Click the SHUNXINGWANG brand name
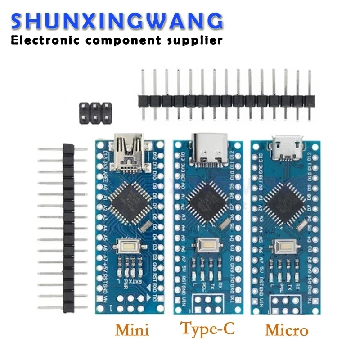[x=116, y=22]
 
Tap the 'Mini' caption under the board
[x=132, y=330]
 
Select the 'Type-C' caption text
[x=207, y=329]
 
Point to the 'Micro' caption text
[x=287, y=330]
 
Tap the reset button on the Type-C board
[x=207, y=246]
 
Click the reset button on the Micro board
[x=284, y=247]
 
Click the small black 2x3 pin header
[x=96, y=114]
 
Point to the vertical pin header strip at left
[x=68, y=229]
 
